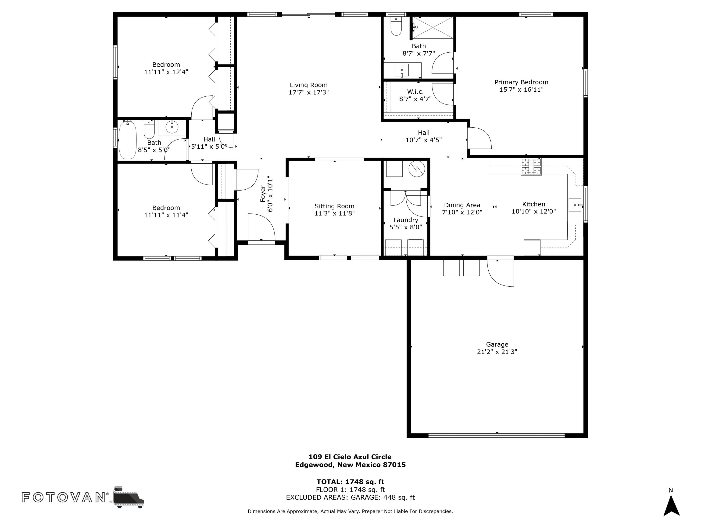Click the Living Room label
pos(308,85)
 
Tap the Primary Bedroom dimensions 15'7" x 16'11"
pos(521,89)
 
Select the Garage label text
pos(497,344)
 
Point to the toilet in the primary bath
pos(396,26)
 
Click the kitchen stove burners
pos(531,166)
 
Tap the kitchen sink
pos(576,205)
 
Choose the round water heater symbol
pos(416,169)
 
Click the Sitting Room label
pos(334,206)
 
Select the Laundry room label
pos(406,220)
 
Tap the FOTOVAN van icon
pos(128,497)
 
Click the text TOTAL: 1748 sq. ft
pos(350,482)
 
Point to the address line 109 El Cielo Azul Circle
pos(350,457)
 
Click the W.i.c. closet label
pos(415,92)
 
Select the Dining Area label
pos(462,205)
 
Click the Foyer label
pos(263,193)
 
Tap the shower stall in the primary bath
pos(433,28)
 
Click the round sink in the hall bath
pos(172,127)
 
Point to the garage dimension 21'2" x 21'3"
pos(497,352)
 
